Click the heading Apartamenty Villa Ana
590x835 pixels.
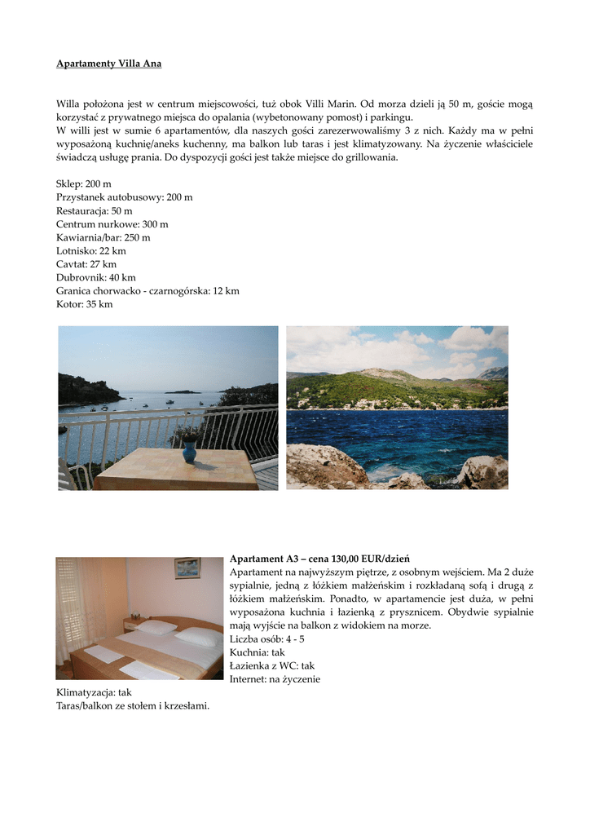click(108, 64)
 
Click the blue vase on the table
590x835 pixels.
click(189, 451)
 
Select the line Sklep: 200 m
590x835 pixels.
click(84, 185)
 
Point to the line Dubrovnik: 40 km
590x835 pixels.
click(96, 277)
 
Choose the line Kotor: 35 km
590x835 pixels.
click(85, 304)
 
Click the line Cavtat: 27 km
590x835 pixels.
click(86, 264)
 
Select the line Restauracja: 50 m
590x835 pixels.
click(94, 211)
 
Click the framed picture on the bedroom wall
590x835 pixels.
click(187, 568)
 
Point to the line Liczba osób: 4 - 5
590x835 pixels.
click(267, 639)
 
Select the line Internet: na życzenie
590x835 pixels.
click(275, 678)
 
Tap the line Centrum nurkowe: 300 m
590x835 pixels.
click(112, 224)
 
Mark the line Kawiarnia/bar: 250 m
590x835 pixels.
click(103, 238)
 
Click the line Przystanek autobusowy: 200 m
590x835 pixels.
click(125, 198)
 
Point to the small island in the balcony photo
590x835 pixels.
click(183, 391)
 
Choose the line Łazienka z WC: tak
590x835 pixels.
click(271, 665)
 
